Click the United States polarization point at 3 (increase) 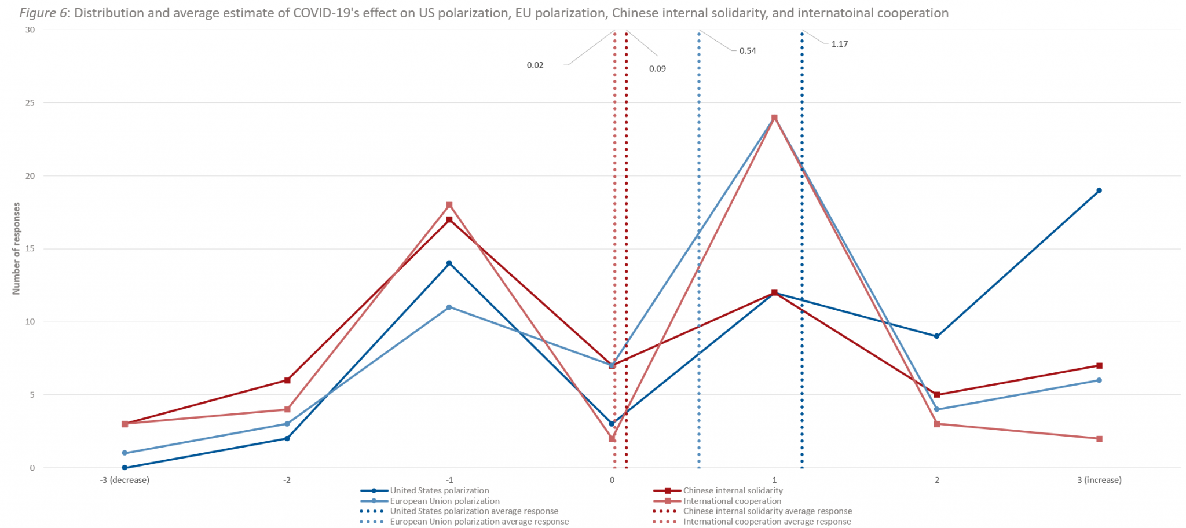(1099, 190)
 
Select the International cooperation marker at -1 (449, 205)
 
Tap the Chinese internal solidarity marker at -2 (287, 380)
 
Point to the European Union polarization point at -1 (449, 307)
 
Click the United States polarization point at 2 (936, 336)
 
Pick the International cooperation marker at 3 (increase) (1099, 439)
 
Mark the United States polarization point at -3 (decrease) (125, 468)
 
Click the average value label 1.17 (839, 44)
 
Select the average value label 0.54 (747, 51)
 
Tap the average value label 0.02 (535, 65)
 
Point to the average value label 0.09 (657, 69)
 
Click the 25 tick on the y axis (30, 103)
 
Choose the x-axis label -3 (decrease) (125, 480)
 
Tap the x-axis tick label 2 (936, 480)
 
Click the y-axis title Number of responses (16, 248)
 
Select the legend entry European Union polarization (444, 501)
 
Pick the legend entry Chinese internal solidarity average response (767, 511)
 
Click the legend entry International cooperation (732, 501)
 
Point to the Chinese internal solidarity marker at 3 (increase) (1099, 366)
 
